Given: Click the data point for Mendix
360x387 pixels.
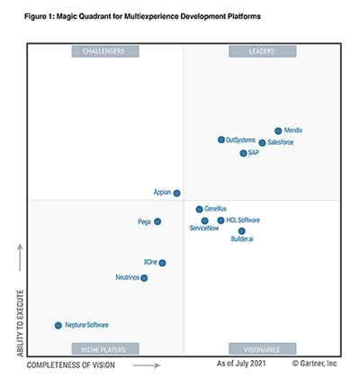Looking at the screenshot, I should (278, 131).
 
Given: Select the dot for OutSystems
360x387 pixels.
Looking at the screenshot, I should (221, 139).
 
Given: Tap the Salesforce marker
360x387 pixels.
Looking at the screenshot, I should (262, 143).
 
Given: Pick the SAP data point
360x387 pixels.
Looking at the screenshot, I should (243, 154).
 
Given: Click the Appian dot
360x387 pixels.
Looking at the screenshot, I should (176, 193).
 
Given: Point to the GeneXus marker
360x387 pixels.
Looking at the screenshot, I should (200, 209).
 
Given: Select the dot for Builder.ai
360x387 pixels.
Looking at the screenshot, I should (241, 231).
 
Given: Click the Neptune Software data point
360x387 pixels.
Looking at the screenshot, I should (58, 325).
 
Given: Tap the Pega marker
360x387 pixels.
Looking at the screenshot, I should (157, 221).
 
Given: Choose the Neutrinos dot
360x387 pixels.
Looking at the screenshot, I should (144, 278).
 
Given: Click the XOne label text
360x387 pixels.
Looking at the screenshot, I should (150, 263).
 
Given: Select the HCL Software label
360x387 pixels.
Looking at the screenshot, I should (243, 220).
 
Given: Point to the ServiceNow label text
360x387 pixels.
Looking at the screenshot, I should (204, 229).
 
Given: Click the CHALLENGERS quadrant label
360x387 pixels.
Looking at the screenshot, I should (104, 51).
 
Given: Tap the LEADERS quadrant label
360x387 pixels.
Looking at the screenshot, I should (262, 51).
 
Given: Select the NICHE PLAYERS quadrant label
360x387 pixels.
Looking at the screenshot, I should (104, 348).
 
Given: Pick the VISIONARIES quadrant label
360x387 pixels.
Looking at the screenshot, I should (262, 348).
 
